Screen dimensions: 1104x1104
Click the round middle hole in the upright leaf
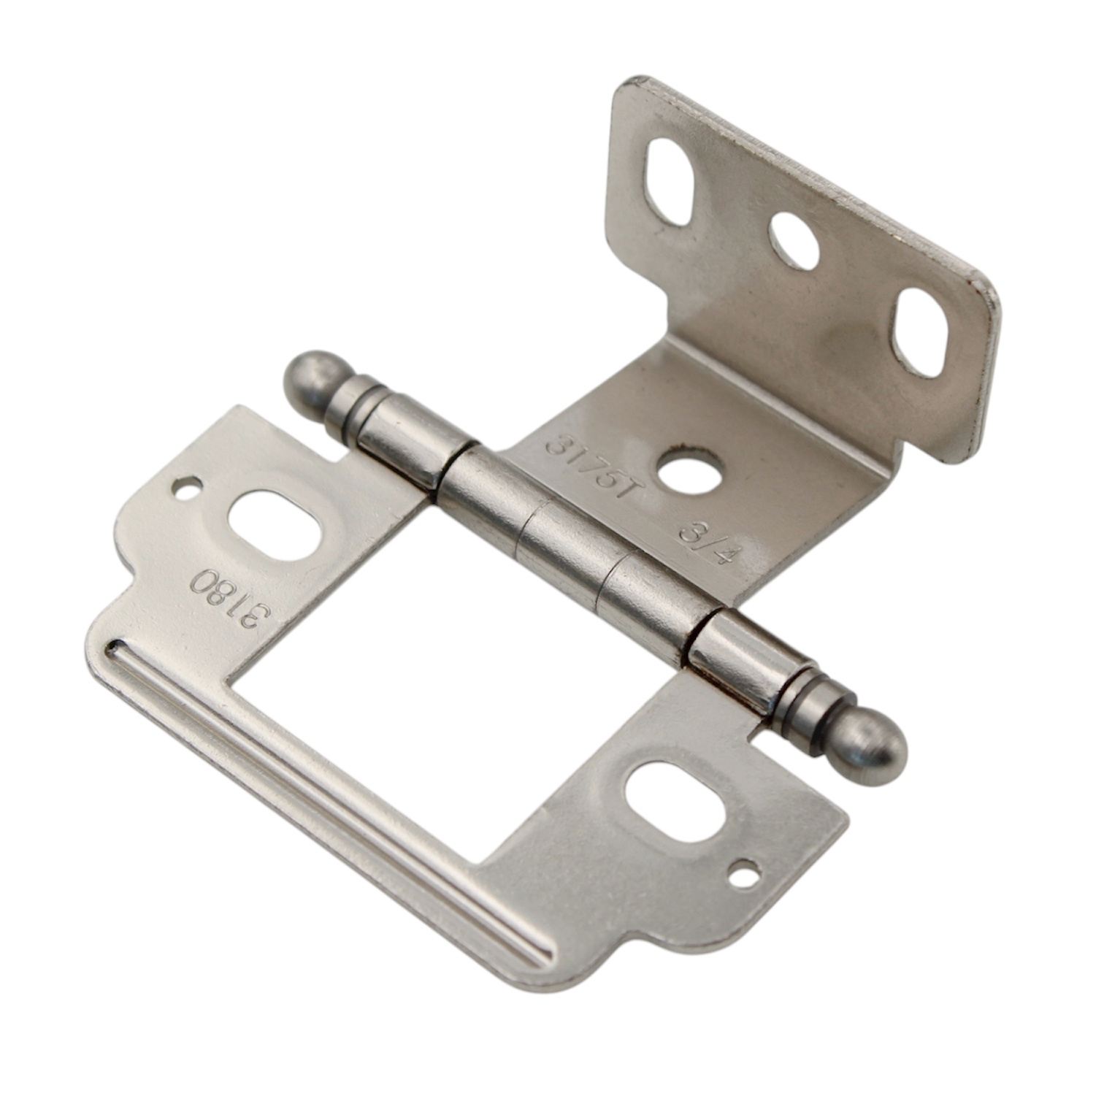click(796, 241)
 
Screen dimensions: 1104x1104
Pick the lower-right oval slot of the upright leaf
click(920, 333)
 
